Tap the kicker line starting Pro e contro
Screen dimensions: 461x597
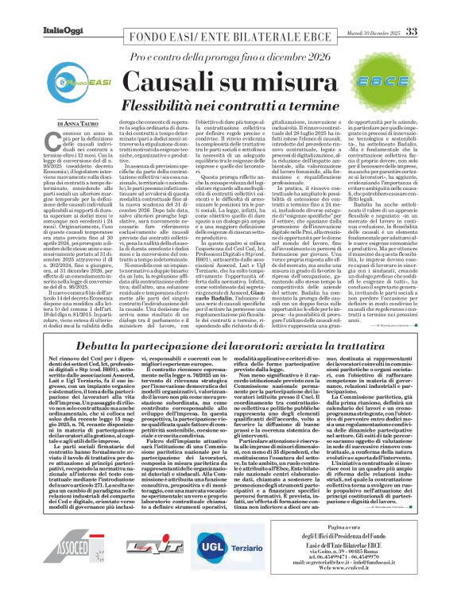click(230, 58)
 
